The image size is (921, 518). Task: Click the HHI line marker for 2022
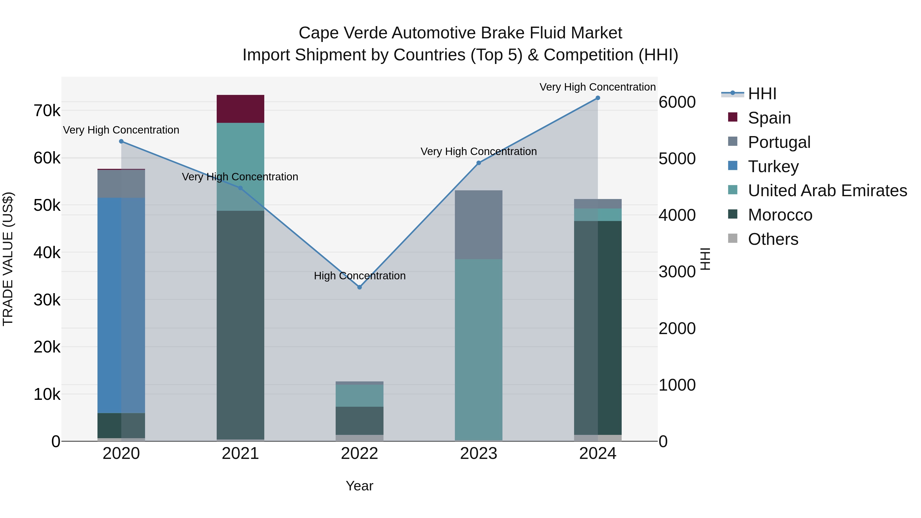pyautogui.click(x=360, y=287)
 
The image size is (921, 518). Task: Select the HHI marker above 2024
pyautogui.click(x=598, y=98)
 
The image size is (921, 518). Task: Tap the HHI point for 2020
pyautogui.click(x=121, y=141)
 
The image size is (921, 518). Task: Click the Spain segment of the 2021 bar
pyautogui.click(x=240, y=109)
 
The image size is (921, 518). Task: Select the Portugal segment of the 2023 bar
pyautogui.click(x=478, y=225)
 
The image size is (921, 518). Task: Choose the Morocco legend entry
pyautogui.click(x=780, y=215)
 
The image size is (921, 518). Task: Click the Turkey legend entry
pyautogui.click(x=773, y=167)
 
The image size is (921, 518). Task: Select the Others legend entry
pyautogui.click(x=773, y=239)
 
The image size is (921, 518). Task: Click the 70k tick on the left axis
pyautogui.click(x=47, y=111)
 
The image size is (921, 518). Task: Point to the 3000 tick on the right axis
pyautogui.click(x=677, y=272)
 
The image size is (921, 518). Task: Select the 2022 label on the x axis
pyautogui.click(x=359, y=454)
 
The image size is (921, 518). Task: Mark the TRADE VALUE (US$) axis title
pyautogui.click(x=8, y=259)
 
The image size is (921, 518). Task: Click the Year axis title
pyautogui.click(x=359, y=486)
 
